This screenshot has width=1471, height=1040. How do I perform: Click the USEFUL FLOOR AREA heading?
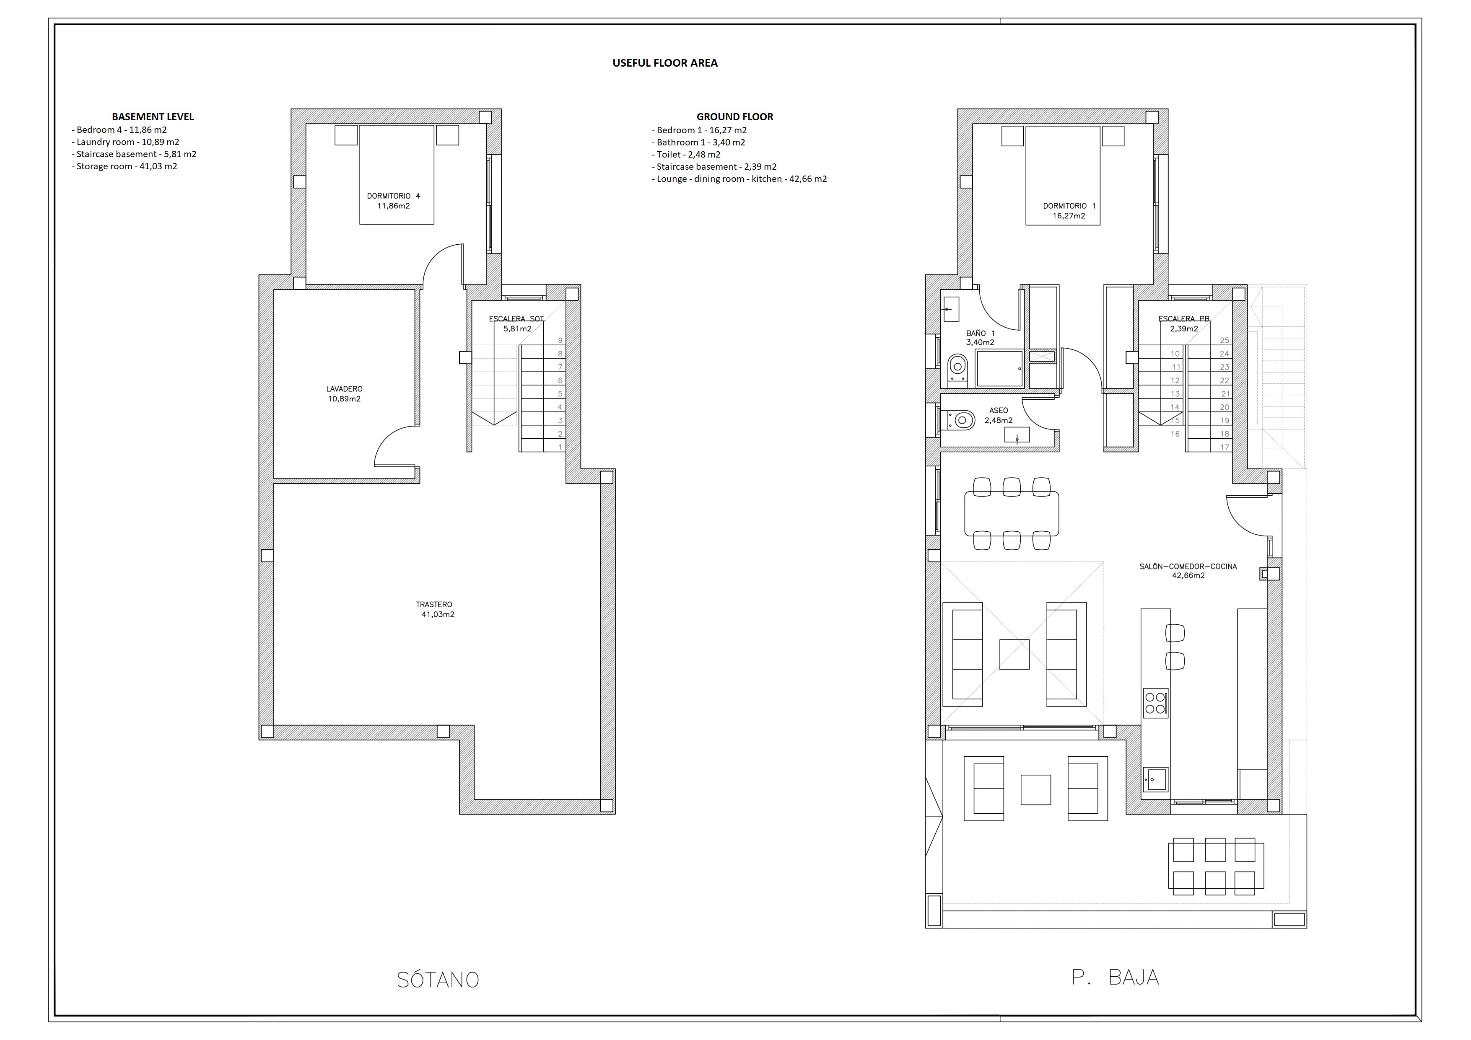[664, 63]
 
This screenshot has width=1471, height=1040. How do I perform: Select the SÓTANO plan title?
[438, 980]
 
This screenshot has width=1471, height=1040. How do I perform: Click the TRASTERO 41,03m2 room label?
[434, 609]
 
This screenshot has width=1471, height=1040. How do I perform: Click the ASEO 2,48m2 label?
[998, 415]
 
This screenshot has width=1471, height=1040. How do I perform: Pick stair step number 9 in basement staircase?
[560, 341]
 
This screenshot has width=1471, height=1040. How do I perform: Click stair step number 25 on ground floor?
[1225, 341]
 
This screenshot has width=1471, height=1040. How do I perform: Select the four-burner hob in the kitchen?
[1155, 703]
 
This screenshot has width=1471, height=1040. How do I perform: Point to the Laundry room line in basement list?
[126, 142]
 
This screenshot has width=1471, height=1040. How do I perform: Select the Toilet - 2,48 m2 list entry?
[686, 154]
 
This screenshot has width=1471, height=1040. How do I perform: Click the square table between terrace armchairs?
[1035, 789]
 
